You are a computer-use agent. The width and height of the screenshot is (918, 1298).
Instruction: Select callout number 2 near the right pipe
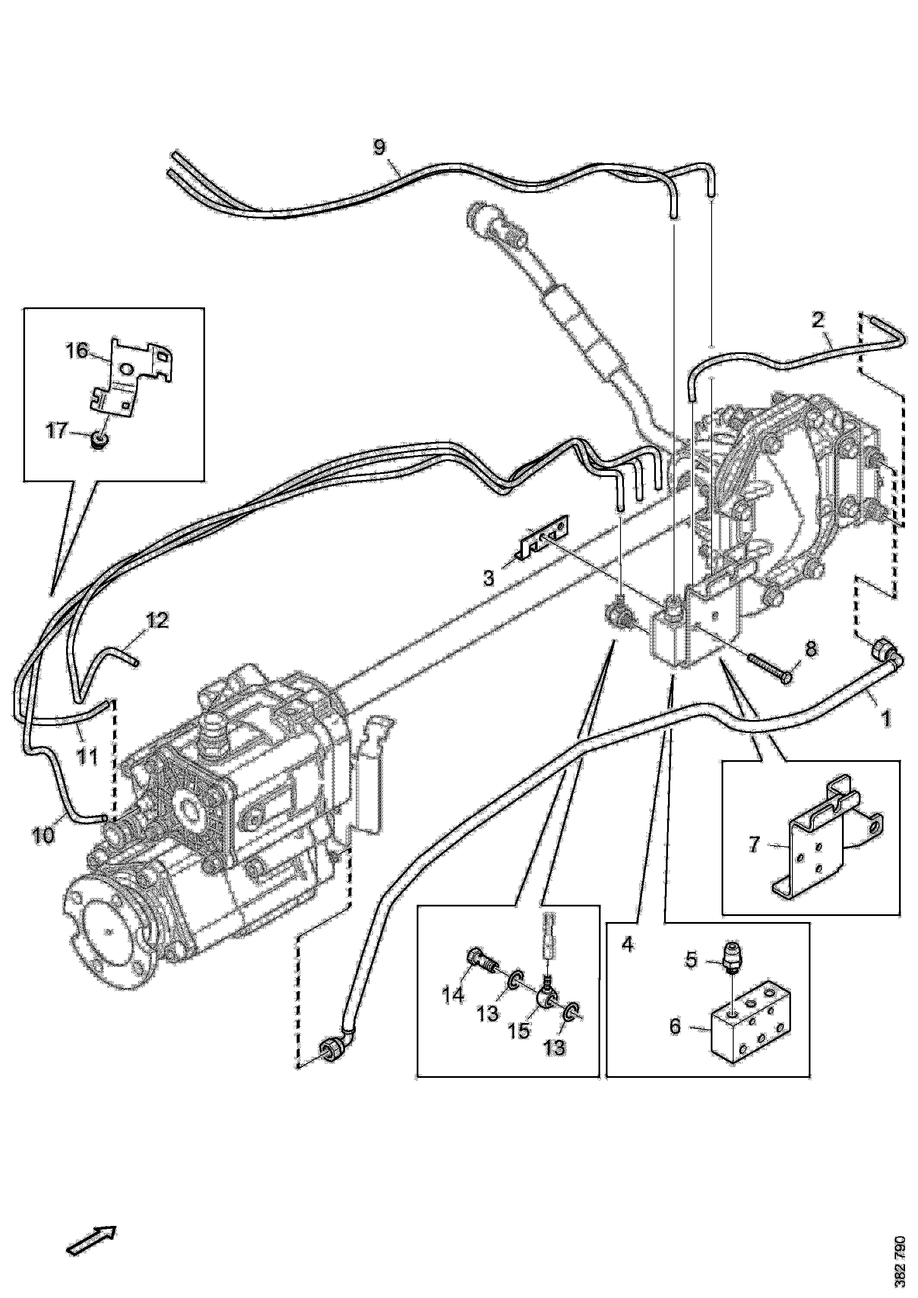(818, 321)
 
